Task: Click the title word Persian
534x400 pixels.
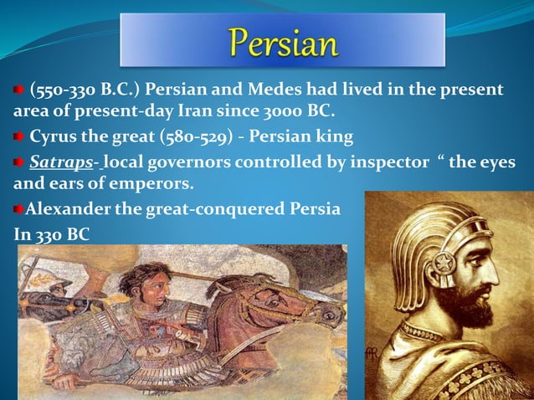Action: coord(281,42)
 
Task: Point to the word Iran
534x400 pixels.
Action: coord(241,110)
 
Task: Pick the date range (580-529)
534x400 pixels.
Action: coord(181,136)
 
